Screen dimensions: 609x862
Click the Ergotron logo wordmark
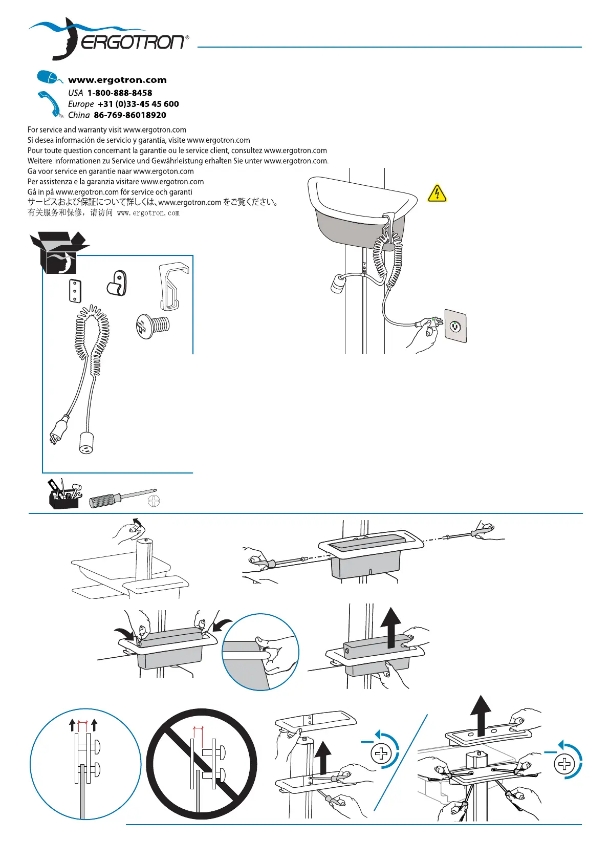[x=132, y=42]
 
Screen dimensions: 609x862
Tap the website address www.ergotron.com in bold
[x=117, y=80]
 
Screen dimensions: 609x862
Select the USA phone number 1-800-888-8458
[x=120, y=93]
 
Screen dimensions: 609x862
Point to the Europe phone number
[x=138, y=104]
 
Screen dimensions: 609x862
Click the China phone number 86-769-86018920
[x=130, y=115]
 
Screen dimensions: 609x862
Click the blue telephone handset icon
[x=50, y=103]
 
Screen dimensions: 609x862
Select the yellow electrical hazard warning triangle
[x=437, y=193]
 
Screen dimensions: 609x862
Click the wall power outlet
[x=455, y=326]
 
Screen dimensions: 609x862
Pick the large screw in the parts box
[x=153, y=326]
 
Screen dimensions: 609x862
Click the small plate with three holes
[x=75, y=291]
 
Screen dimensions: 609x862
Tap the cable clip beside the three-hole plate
[x=117, y=283]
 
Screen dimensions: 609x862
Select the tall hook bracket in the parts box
[x=172, y=286]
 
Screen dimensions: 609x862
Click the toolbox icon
[x=64, y=494]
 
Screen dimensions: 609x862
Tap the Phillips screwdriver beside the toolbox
[x=123, y=498]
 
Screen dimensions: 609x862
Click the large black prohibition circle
[x=202, y=764]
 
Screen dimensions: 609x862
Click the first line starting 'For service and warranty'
[x=107, y=130]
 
